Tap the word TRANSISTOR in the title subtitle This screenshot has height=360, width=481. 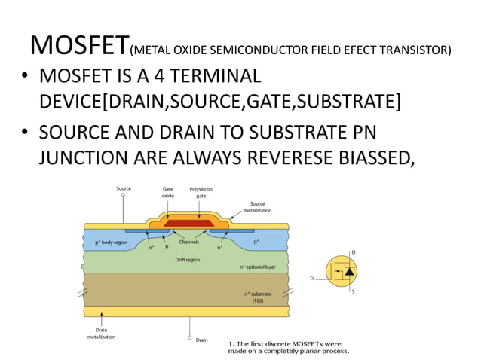(x=417, y=51)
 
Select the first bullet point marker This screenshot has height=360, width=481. (x=25, y=78)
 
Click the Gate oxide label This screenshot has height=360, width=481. (x=168, y=192)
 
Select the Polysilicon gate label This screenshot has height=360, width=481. (x=201, y=192)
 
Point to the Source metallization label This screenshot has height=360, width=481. (x=258, y=207)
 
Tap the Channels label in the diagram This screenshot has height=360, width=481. (x=188, y=243)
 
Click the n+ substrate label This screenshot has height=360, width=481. (x=258, y=297)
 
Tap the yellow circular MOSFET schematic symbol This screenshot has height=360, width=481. (x=342, y=273)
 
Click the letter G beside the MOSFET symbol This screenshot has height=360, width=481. (x=311, y=278)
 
